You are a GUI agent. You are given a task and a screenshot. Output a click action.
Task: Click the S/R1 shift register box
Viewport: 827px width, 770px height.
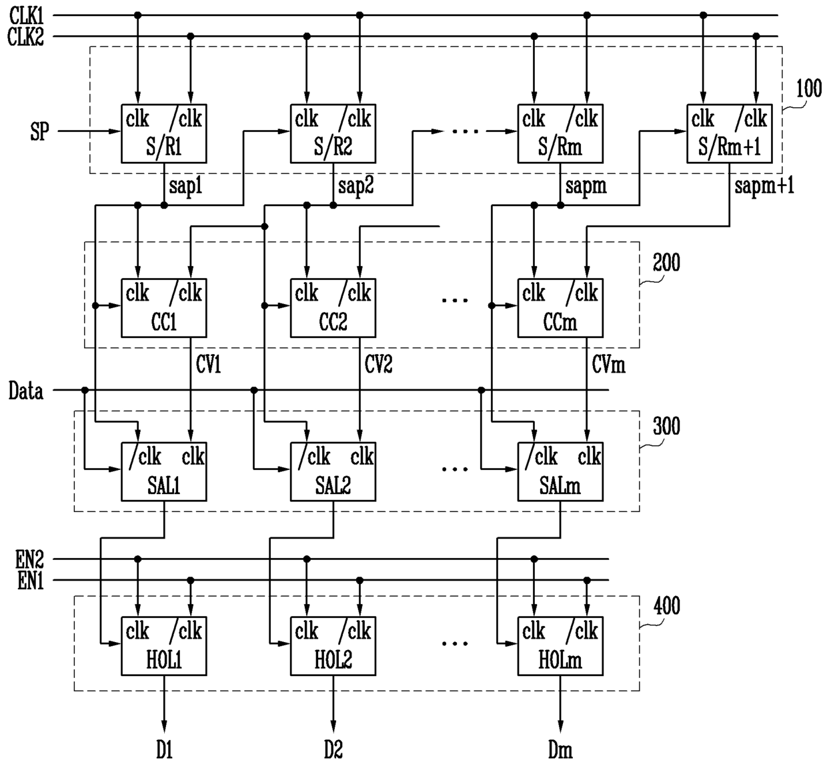[x=163, y=133]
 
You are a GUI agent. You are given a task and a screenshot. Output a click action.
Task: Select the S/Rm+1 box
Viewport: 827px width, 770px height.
[x=729, y=133]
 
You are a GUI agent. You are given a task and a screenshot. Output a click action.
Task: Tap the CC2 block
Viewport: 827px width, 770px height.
[x=333, y=308]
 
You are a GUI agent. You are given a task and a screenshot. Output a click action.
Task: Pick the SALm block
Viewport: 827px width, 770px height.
[x=560, y=471]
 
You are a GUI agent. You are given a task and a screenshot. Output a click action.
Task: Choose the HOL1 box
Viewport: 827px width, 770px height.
[x=163, y=646]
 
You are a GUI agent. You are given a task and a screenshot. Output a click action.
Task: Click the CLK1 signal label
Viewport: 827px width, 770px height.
[x=26, y=16]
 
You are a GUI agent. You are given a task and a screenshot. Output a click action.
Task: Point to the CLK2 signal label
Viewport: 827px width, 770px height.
[x=25, y=37]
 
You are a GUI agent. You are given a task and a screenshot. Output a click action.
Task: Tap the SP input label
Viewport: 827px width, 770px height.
[x=39, y=131]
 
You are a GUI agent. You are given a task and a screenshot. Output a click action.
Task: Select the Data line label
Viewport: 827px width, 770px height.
[x=26, y=391]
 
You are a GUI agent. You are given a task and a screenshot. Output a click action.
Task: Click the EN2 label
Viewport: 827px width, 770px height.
[x=29, y=559]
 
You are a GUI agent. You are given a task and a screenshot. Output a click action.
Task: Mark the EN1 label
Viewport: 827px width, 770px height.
[x=31, y=581]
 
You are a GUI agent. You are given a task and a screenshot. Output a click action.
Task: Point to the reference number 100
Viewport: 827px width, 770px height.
[x=809, y=88]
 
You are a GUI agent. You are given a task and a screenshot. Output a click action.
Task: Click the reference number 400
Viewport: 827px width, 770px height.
[x=667, y=605]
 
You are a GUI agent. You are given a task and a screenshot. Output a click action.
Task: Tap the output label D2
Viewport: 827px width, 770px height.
[x=333, y=749]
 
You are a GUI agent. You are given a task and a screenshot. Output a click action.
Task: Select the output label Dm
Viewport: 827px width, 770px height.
[x=560, y=749]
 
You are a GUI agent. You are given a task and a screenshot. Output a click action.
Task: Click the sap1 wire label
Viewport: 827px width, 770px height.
[x=185, y=185]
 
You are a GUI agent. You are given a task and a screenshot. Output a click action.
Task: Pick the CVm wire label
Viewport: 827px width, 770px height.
[x=608, y=365]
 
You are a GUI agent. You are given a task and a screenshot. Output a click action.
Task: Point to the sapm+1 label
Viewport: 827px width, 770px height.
[x=764, y=185]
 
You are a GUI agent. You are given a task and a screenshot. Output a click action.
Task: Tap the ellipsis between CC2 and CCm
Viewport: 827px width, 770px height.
[x=455, y=300]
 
